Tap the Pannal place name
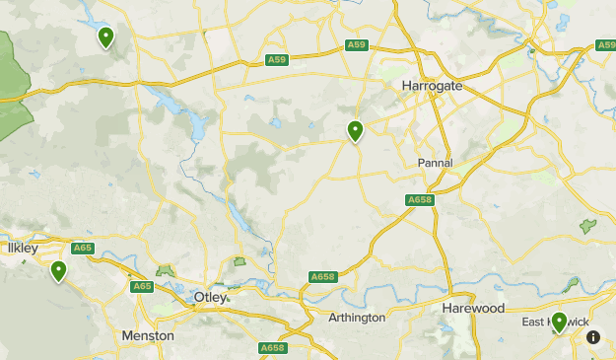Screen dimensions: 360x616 [435, 163]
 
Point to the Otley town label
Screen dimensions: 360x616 [210, 297]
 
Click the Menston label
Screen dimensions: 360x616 [148, 335]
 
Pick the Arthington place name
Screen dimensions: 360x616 [357, 318]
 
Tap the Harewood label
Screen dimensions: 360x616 [473, 309]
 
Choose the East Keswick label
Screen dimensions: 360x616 [555, 323]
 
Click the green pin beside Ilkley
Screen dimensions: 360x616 [59, 270]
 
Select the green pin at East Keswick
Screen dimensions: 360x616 [559, 322]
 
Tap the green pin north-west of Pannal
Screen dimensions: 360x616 [355, 130]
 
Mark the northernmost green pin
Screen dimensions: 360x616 [105, 37]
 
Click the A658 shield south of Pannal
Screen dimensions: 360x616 [419, 200]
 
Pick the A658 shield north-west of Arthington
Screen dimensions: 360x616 [322, 277]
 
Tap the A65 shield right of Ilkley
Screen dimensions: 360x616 [83, 249]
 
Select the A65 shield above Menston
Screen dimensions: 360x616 [142, 286]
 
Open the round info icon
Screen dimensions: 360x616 [593, 337]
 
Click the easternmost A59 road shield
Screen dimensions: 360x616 [606, 45]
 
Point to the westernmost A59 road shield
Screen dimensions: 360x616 [277, 61]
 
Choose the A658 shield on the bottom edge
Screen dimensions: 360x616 [272, 348]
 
